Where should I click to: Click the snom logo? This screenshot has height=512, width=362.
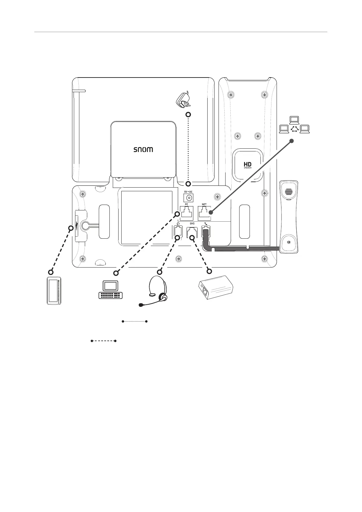pos(143,150)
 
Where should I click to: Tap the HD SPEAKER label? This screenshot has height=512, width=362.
pos(248,165)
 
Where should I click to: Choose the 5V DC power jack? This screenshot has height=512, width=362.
pos(188,198)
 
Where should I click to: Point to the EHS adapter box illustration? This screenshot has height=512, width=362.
pos(216,287)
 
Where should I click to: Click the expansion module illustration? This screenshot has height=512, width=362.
pos(54,291)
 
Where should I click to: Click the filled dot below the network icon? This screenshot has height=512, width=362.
pos(291,141)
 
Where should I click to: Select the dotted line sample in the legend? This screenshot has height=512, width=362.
pos(135,321)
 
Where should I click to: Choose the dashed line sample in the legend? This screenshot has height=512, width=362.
pos(104,341)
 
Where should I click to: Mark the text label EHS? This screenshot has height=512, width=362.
pos(192,223)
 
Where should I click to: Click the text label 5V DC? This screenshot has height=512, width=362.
pos(188,192)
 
